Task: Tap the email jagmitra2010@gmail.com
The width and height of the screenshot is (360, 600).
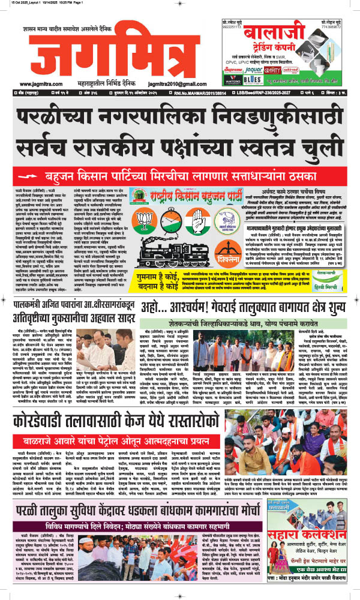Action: coord(170,84)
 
